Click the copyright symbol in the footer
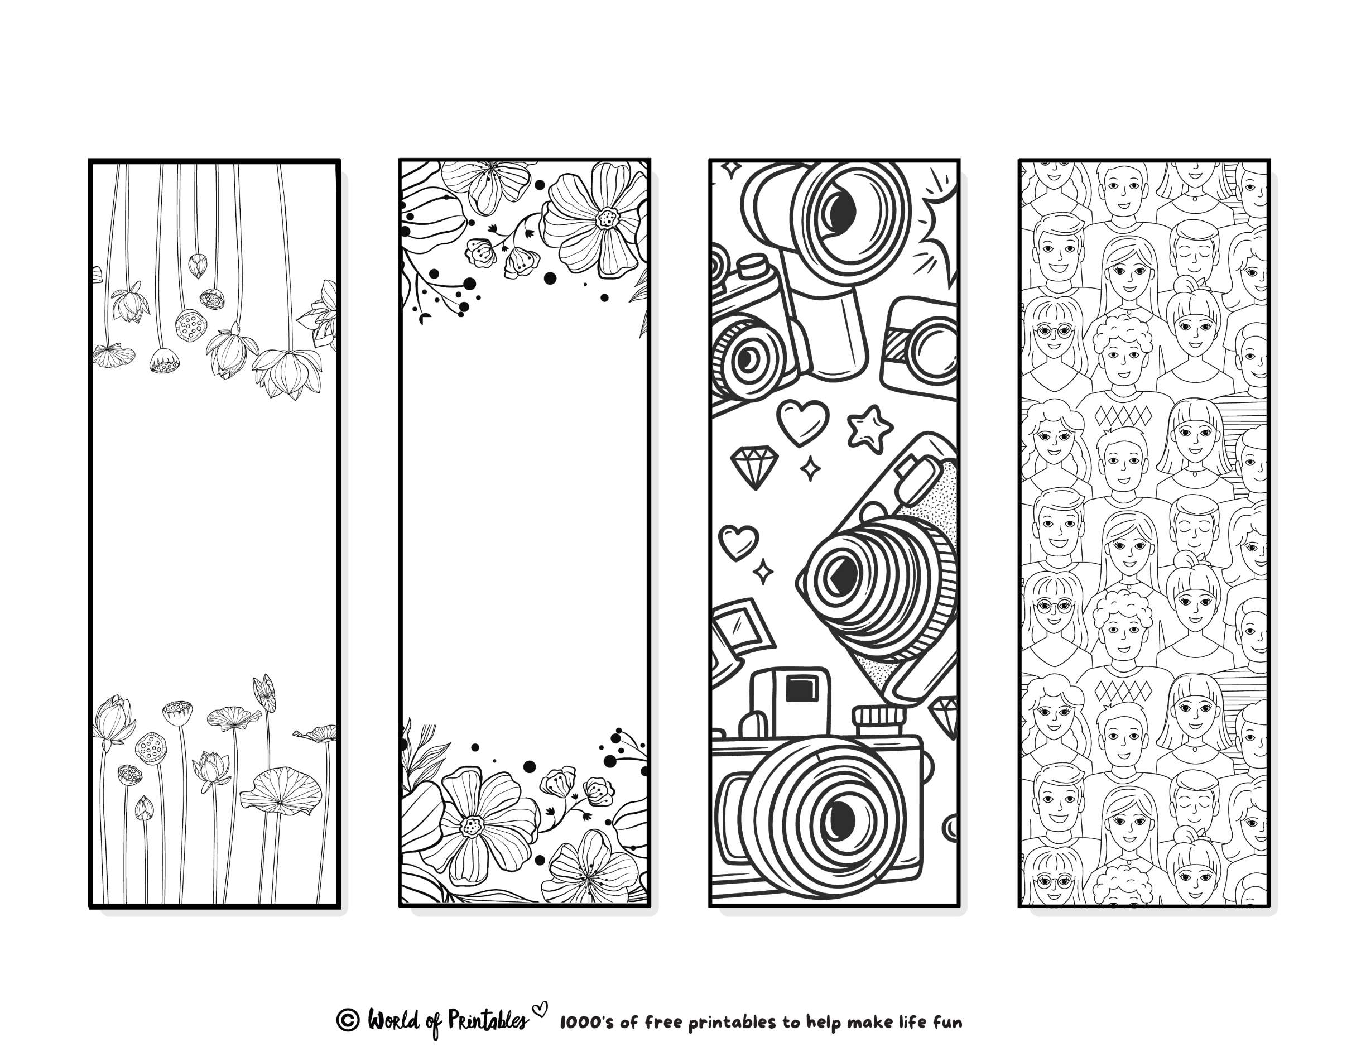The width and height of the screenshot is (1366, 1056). [x=348, y=1020]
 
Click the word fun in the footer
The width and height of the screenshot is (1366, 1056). [x=947, y=1022]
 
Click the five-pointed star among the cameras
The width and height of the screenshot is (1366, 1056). [x=869, y=428]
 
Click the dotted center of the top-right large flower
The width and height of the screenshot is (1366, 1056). [x=605, y=218]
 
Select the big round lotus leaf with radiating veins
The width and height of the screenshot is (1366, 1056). [x=281, y=791]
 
